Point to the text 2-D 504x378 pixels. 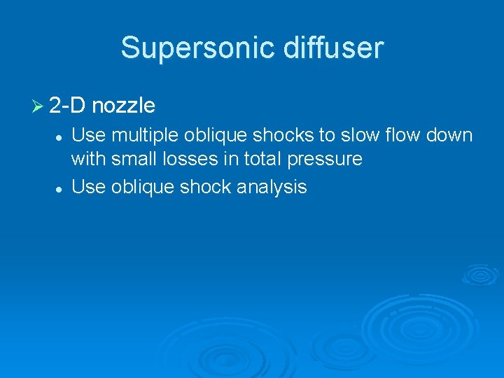pyautogui.click(x=68, y=106)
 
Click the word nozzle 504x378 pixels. pyautogui.click(x=123, y=106)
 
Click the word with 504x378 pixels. pyautogui.click(x=88, y=160)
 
